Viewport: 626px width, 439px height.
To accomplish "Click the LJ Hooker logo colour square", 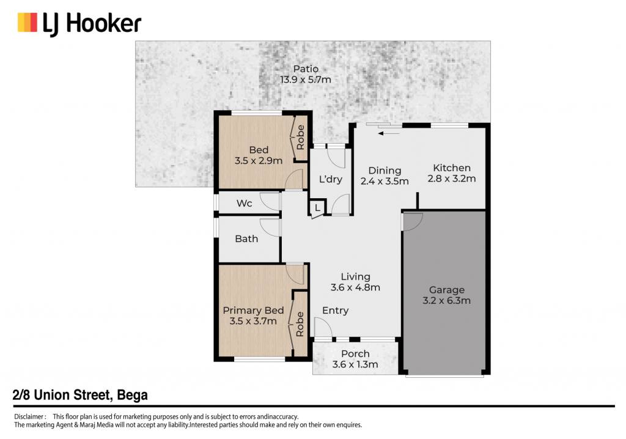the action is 27,23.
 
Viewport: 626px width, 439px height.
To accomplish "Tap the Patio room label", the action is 306,69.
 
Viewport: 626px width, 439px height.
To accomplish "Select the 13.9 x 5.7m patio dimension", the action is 306,79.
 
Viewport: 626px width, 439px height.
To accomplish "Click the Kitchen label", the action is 452,168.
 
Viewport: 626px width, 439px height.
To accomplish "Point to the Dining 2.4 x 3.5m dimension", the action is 385,182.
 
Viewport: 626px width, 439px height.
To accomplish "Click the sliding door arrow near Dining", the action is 389,133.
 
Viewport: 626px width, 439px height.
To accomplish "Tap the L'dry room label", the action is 331,179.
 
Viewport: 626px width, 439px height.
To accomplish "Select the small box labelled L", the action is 317,208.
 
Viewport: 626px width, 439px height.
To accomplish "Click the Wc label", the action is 245,204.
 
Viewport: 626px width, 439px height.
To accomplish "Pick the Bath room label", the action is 246,239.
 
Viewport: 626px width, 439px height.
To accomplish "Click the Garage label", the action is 447,290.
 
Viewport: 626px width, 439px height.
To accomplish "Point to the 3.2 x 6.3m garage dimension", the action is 446,300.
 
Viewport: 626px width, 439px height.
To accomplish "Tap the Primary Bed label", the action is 253,311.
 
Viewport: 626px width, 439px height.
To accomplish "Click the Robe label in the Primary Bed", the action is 300,324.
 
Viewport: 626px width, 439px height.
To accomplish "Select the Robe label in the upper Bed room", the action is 300,138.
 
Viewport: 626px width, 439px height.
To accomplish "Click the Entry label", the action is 336,311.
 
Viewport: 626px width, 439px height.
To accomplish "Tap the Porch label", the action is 355,354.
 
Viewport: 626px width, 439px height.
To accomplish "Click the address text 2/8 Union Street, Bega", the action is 80,395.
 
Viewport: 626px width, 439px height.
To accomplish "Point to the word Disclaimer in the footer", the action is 28,416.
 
